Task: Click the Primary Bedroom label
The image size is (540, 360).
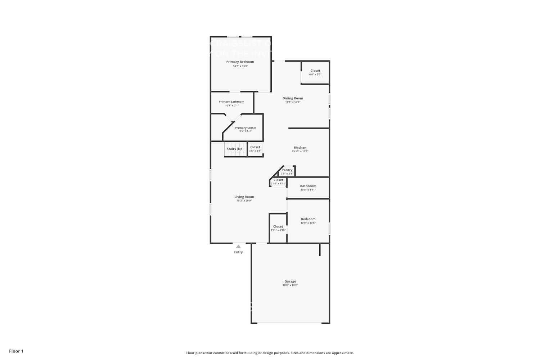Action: (x=240, y=62)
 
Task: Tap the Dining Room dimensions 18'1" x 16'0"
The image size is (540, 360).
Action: (x=293, y=102)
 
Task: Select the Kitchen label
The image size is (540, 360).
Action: (x=300, y=148)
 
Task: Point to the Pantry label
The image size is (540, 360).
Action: (x=287, y=170)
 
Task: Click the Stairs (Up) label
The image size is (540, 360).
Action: (x=235, y=149)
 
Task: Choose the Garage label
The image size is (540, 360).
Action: (x=290, y=282)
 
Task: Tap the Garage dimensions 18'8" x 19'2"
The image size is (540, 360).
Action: (x=290, y=285)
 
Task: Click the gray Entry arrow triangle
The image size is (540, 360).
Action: (x=238, y=247)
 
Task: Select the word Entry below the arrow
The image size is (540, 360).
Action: (x=238, y=252)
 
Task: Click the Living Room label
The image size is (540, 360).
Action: (x=244, y=197)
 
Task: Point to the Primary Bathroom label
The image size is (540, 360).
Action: (x=231, y=102)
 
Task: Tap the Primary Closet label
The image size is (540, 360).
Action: (x=246, y=128)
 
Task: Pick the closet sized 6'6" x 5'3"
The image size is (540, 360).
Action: (x=315, y=73)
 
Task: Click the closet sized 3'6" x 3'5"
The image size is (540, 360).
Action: (x=255, y=149)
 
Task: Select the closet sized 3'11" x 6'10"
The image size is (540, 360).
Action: (x=278, y=228)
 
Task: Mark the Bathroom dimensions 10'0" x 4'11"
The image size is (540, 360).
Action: (x=308, y=190)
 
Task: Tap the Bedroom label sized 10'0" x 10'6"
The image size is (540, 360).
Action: (x=308, y=219)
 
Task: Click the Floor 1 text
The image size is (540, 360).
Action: (x=16, y=351)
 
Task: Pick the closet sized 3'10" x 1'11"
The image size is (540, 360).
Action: (x=278, y=181)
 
